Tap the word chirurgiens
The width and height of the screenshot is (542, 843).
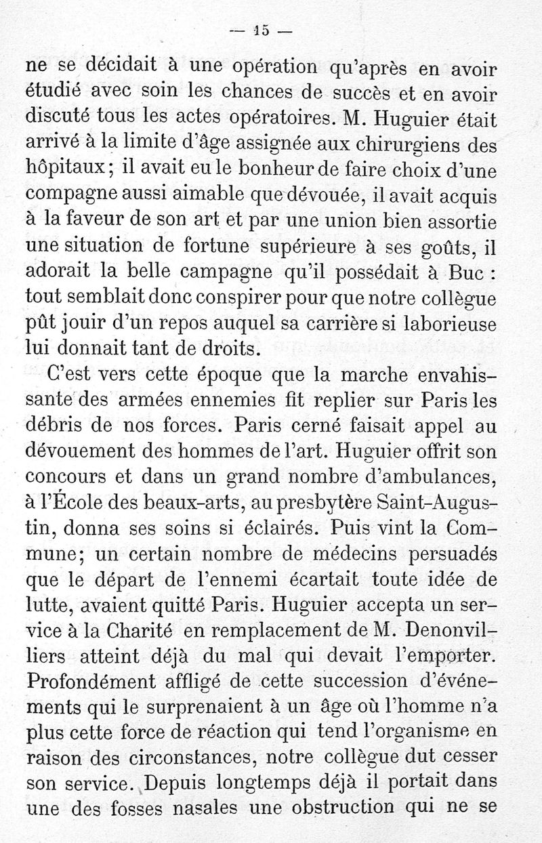[424, 144]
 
